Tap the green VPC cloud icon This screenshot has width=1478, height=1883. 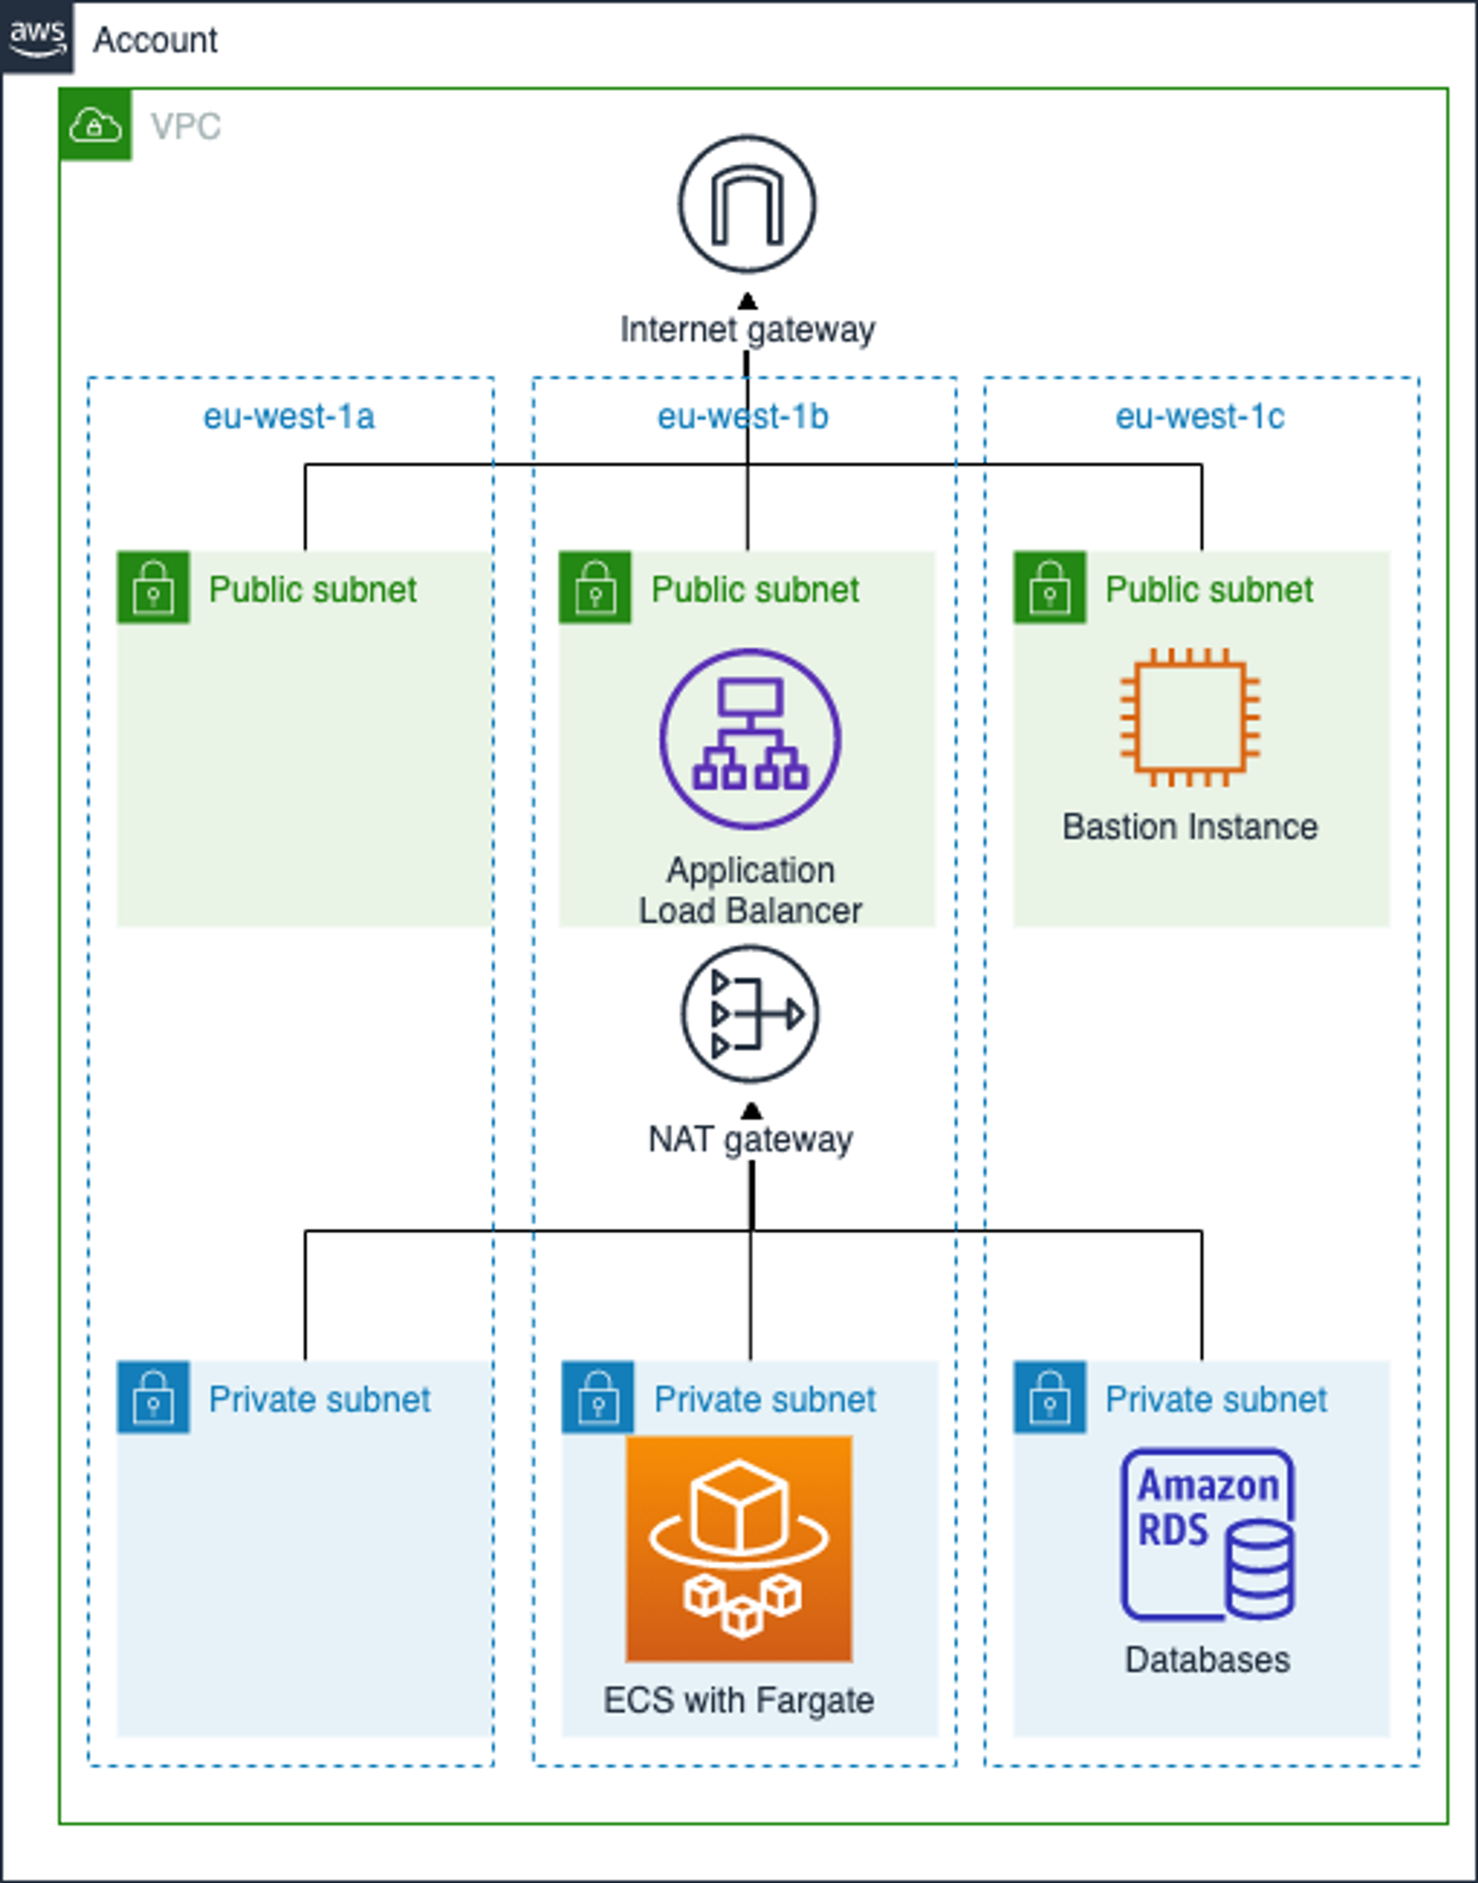pyautogui.click(x=95, y=125)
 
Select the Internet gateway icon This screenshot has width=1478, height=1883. pyautogui.click(x=747, y=204)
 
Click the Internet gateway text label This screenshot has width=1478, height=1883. pyautogui.click(x=747, y=330)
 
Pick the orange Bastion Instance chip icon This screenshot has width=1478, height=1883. pyautogui.click(x=1190, y=717)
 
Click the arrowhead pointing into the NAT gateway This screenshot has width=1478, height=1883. pyautogui.click(x=751, y=1111)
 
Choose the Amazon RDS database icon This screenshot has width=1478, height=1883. pyautogui.click(x=1208, y=1534)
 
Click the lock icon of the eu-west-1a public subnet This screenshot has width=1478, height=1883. pyautogui.click(x=153, y=588)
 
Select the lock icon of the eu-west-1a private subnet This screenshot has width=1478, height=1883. pyautogui.click(x=153, y=1398)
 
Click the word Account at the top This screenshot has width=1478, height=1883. pyautogui.click(x=156, y=40)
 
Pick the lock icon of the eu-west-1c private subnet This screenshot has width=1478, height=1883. pyautogui.click(x=1050, y=1398)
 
